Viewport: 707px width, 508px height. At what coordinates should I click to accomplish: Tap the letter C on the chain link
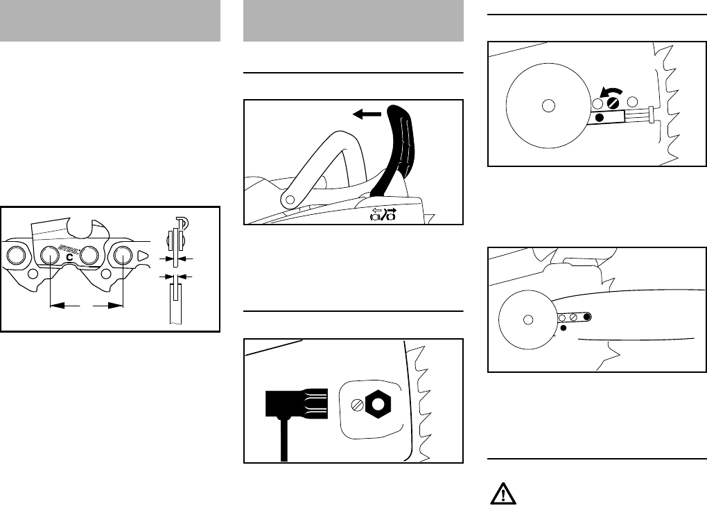click(69, 257)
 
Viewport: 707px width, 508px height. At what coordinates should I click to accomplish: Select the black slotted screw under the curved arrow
click(612, 103)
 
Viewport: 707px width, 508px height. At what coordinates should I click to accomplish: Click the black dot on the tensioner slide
click(600, 119)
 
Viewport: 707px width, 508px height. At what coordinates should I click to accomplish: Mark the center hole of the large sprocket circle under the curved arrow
click(548, 105)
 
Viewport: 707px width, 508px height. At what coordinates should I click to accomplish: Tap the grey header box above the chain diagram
click(110, 21)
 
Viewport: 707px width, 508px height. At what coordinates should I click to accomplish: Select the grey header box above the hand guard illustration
click(353, 21)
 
